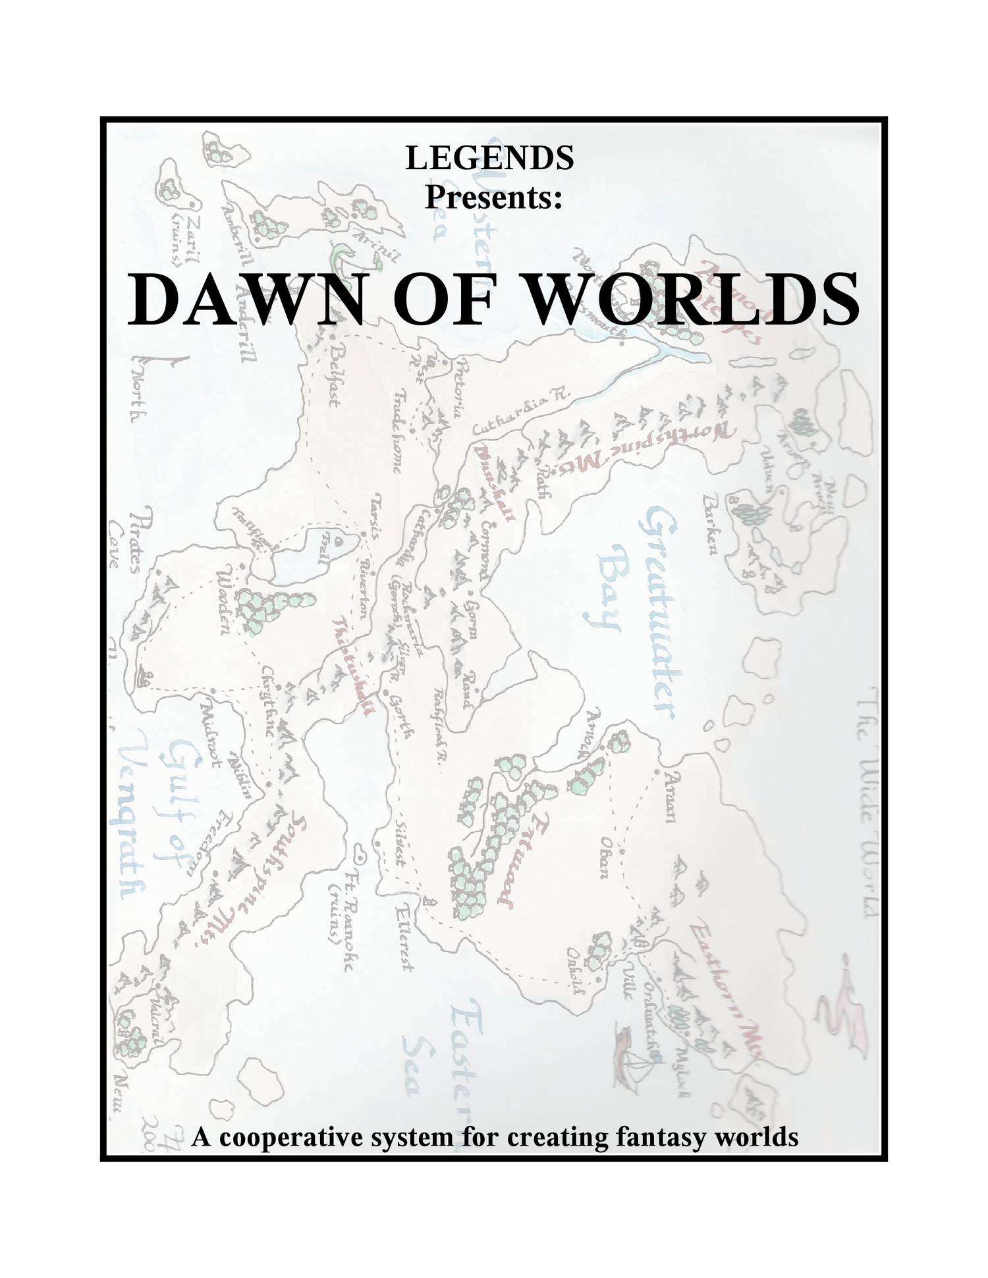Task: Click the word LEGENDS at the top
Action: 489,158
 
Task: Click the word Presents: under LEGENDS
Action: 493,197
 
